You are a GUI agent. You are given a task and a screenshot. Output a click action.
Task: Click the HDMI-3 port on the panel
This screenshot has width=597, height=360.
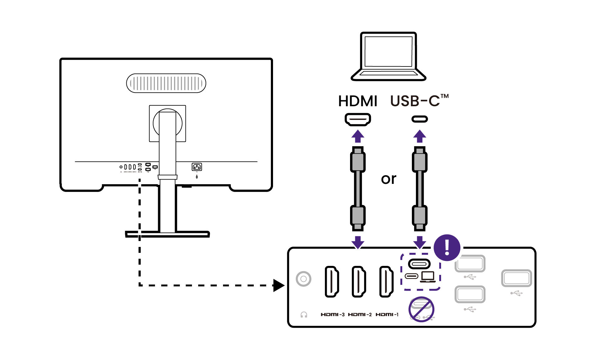331,281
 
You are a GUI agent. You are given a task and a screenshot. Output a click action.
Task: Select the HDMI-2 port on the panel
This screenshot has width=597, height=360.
358,281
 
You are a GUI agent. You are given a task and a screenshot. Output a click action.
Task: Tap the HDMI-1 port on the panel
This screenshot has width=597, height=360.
386,281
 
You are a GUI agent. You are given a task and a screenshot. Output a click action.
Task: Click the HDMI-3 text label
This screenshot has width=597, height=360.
332,315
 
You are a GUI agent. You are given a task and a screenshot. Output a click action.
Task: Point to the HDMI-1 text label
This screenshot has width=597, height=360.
387,315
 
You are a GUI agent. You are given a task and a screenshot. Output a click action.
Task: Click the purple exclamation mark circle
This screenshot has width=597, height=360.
447,248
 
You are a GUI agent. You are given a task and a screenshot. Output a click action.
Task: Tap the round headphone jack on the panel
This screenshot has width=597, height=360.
303,279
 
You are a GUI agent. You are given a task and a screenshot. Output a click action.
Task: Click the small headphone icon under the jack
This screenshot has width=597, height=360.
304,315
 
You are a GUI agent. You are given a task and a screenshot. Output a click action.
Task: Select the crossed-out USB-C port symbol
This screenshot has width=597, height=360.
421,309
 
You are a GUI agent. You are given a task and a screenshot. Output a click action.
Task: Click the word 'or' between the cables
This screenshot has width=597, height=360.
389,179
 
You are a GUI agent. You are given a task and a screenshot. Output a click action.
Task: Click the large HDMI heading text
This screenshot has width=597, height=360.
358,101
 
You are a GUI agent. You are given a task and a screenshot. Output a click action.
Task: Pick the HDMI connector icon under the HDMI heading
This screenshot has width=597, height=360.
358,119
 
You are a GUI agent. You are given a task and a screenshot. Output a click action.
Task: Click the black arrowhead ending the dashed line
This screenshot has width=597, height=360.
279,285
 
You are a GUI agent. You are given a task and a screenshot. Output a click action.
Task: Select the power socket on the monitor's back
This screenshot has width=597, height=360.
197,167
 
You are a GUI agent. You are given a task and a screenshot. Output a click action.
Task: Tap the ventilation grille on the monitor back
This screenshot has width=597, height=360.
166,83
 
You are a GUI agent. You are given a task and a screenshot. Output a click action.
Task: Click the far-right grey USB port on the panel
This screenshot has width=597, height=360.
516,278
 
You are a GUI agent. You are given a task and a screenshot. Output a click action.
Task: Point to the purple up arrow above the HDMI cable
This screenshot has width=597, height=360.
358,136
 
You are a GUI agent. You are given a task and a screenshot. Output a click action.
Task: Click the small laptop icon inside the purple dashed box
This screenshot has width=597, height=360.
428,276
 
